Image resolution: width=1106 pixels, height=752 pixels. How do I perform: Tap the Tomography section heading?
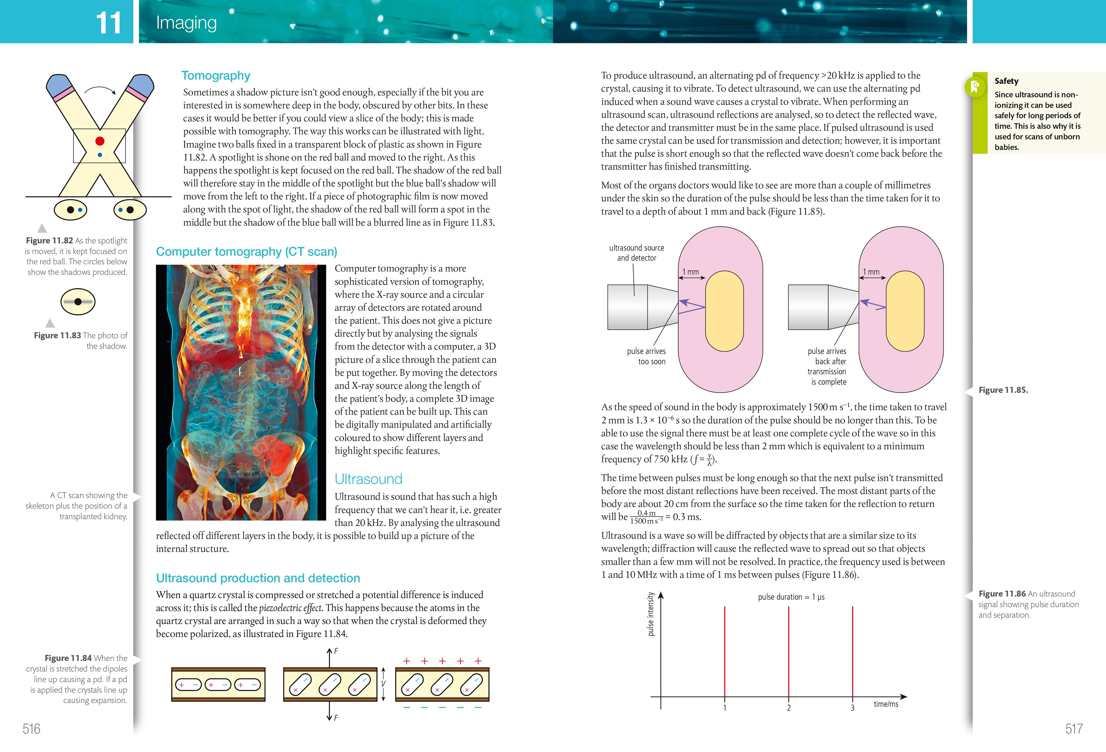(216, 76)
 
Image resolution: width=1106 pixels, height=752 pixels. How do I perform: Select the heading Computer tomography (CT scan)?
(247, 251)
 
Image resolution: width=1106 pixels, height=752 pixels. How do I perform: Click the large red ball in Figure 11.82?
(99, 141)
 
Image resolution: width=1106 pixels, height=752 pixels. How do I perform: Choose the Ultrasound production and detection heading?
(258, 578)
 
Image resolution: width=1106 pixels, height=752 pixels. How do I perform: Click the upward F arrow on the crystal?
(329, 657)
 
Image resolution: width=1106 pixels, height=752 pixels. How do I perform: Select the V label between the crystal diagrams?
(384, 684)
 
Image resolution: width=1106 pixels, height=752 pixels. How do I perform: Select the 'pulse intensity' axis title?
(651, 614)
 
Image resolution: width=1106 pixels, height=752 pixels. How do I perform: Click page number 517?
(1074, 729)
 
